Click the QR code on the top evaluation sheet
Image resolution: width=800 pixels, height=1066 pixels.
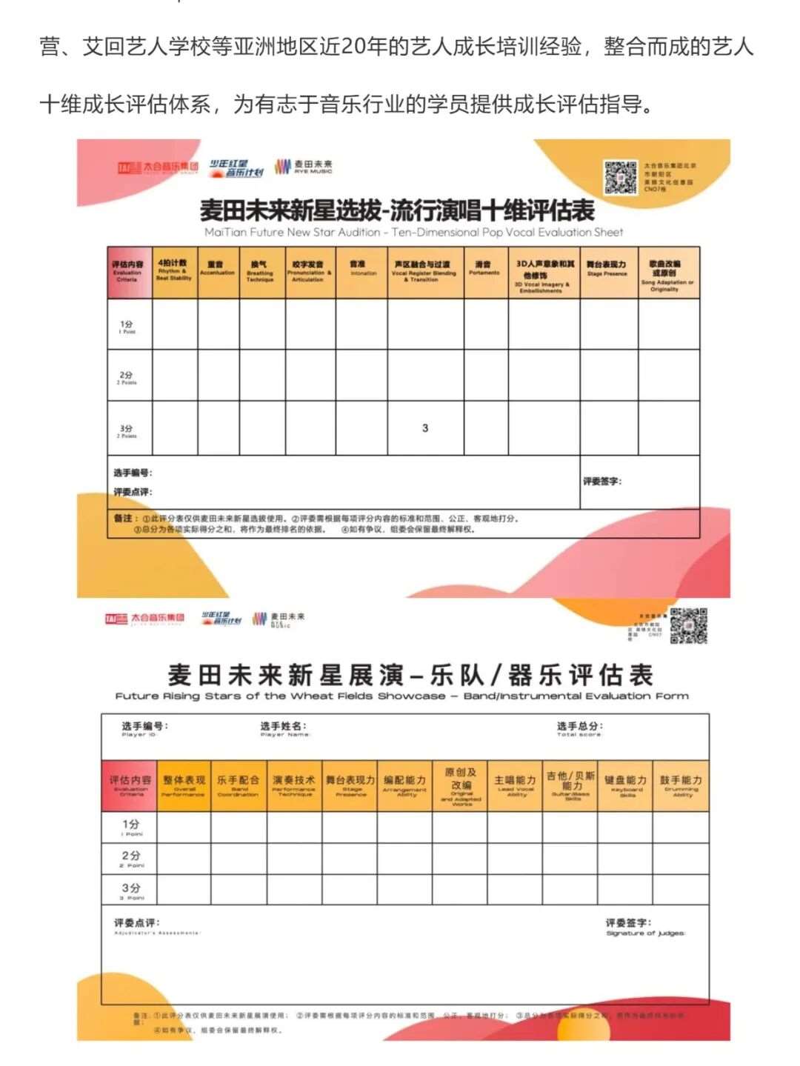click(x=621, y=177)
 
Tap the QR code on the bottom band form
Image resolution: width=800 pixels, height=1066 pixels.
click(x=688, y=626)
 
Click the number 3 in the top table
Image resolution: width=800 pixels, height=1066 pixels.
click(x=425, y=428)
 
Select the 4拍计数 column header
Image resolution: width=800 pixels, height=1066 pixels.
click(x=173, y=271)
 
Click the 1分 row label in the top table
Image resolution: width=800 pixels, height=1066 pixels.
click(x=127, y=327)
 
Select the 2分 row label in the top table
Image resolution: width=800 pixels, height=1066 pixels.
click(x=127, y=377)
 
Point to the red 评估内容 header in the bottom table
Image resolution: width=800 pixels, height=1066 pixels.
click(x=130, y=784)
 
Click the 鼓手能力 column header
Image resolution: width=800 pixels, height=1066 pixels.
click(x=681, y=784)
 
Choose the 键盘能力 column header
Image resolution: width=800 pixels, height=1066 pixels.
click(x=625, y=784)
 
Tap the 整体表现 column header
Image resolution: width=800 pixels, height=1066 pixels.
click(x=184, y=784)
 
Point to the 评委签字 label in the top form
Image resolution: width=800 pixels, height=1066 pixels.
click(x=601, y=482)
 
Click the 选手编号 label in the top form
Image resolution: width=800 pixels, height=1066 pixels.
click(x=133, y=473)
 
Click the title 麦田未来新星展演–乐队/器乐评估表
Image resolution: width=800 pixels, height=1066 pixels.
click(x=410, y=676)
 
